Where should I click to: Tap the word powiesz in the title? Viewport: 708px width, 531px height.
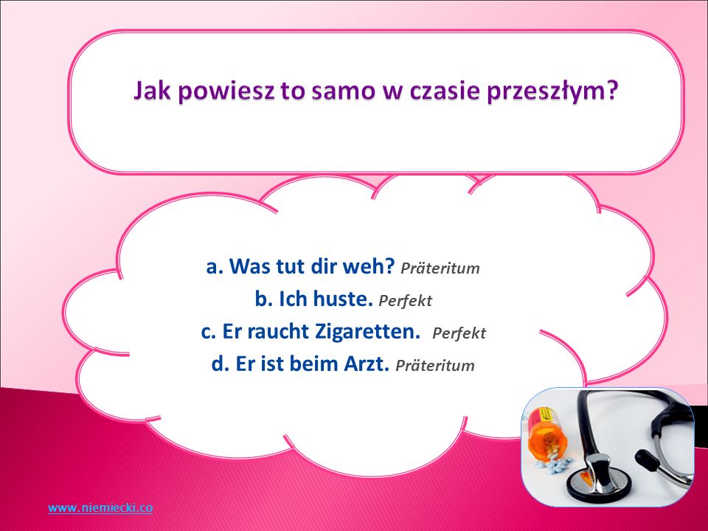click(x=226, y=91)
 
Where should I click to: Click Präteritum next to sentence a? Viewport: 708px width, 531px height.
click(x=440, y=268)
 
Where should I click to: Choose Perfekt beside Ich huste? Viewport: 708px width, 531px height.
click(x=405, y=301)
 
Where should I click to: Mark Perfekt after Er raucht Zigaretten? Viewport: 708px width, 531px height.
click(x=459, y=333)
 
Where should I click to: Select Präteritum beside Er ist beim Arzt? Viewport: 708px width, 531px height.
click(x=435, y=366)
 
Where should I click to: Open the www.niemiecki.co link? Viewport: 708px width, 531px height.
click(x=100, y=507)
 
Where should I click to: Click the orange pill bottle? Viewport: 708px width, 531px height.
click(x=547, y=433)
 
